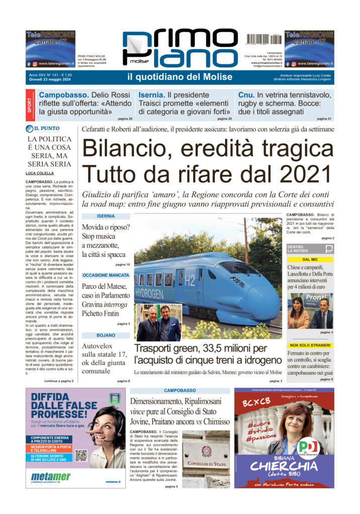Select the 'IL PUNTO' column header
click(46, 128)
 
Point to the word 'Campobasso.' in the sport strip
click(63, 95)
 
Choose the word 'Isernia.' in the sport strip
click(152, 95)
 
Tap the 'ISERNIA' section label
click(105, 216)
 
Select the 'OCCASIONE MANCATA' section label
click(106, 276)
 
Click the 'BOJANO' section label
click(106, 335)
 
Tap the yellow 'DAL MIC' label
click(310, 260)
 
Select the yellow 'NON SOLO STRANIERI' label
click(310, 345)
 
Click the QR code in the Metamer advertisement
click(81, 455)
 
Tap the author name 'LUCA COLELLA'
click(40, 173)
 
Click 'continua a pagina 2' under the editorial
click(59, 381)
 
